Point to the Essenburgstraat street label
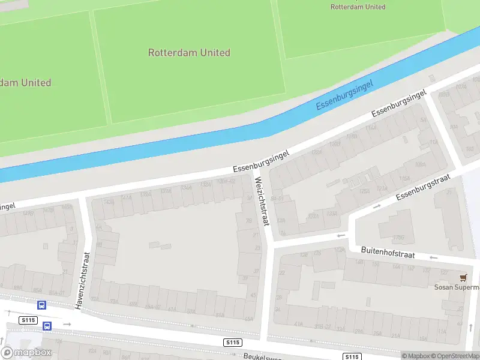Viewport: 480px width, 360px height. pyautogui.click(x=423, y=188)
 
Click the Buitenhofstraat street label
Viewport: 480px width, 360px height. pyautogui.click(x=388, y=252)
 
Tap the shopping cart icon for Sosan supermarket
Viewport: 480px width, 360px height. pyautogui.click(x=463, y=277)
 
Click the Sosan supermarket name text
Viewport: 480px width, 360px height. pyautogui.click(x=457, y=287)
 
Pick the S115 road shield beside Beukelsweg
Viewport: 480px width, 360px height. pyautogui.click(x=233, y=342)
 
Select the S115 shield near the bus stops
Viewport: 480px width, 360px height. pyautogui.click(x=28, y=320)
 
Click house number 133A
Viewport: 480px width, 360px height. pyautogui.click(x=331, y=213)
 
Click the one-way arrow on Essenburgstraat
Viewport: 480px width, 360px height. pyautogui.click(x=377, y=206)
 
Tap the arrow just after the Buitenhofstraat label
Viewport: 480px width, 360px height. pyautogui.click(x=433, y=257)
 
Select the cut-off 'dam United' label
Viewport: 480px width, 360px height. pyautogui.click(x=26, y=83)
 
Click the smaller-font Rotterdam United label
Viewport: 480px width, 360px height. pyautogui.click(x=358, y=7)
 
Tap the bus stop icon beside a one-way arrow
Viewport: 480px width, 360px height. pyautogui.click(x=47, y=326)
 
